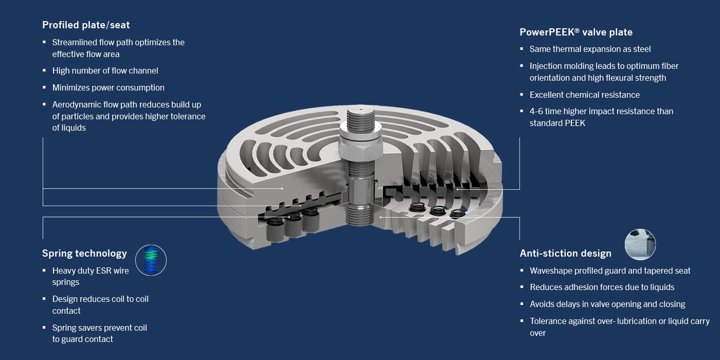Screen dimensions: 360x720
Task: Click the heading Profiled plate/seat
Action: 86,25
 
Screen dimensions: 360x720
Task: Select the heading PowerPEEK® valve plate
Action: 576,32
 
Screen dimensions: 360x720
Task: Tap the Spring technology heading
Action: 84,253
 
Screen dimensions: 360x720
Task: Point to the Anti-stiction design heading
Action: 565,253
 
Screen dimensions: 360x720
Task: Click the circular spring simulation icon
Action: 151,260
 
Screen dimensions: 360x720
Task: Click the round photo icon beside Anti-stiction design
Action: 640,244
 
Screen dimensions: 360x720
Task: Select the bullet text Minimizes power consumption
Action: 108,87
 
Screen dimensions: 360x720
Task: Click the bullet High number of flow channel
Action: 105,70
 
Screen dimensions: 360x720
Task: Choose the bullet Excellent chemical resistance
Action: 584,95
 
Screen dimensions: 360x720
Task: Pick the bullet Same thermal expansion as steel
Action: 590,49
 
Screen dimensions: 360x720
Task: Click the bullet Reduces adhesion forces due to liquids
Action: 602,287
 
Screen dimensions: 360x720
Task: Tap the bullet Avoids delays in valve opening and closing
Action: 607,304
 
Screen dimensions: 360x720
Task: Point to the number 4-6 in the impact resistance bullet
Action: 537,111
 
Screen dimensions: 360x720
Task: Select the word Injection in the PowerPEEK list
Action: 545,66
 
